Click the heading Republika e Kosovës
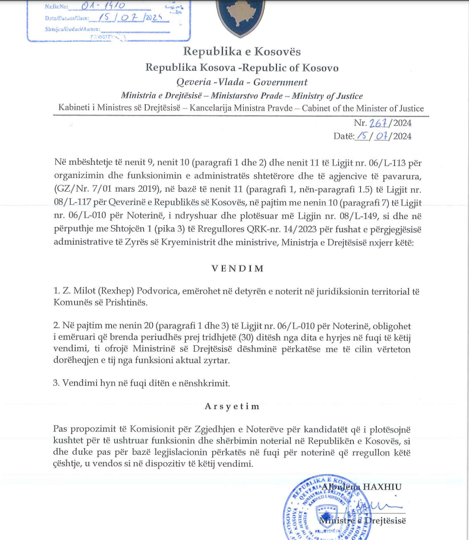(242, 52)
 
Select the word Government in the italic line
(281, 82)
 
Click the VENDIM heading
(237, 268)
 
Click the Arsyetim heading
(232, 406)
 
